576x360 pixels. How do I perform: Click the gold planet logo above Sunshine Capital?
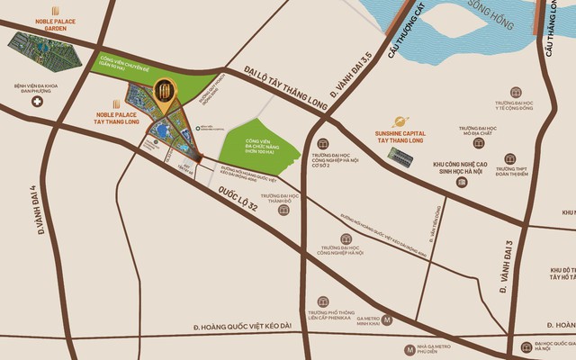(x=400, y=122)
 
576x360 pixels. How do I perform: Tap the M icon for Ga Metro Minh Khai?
(x=387, y=319)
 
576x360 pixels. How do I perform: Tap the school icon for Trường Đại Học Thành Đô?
(x=284, y=210)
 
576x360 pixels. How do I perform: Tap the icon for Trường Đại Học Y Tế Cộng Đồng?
(x=517, y=92)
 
